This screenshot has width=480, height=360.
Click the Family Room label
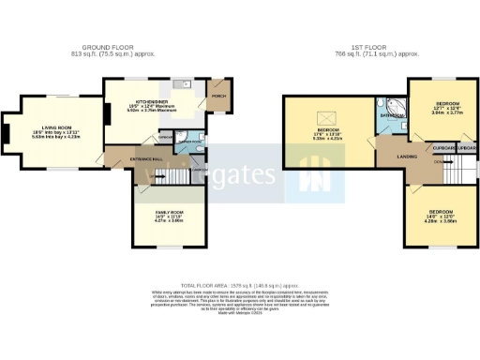coord(169,214)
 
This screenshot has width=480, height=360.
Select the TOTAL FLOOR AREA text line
coord(239,282)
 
